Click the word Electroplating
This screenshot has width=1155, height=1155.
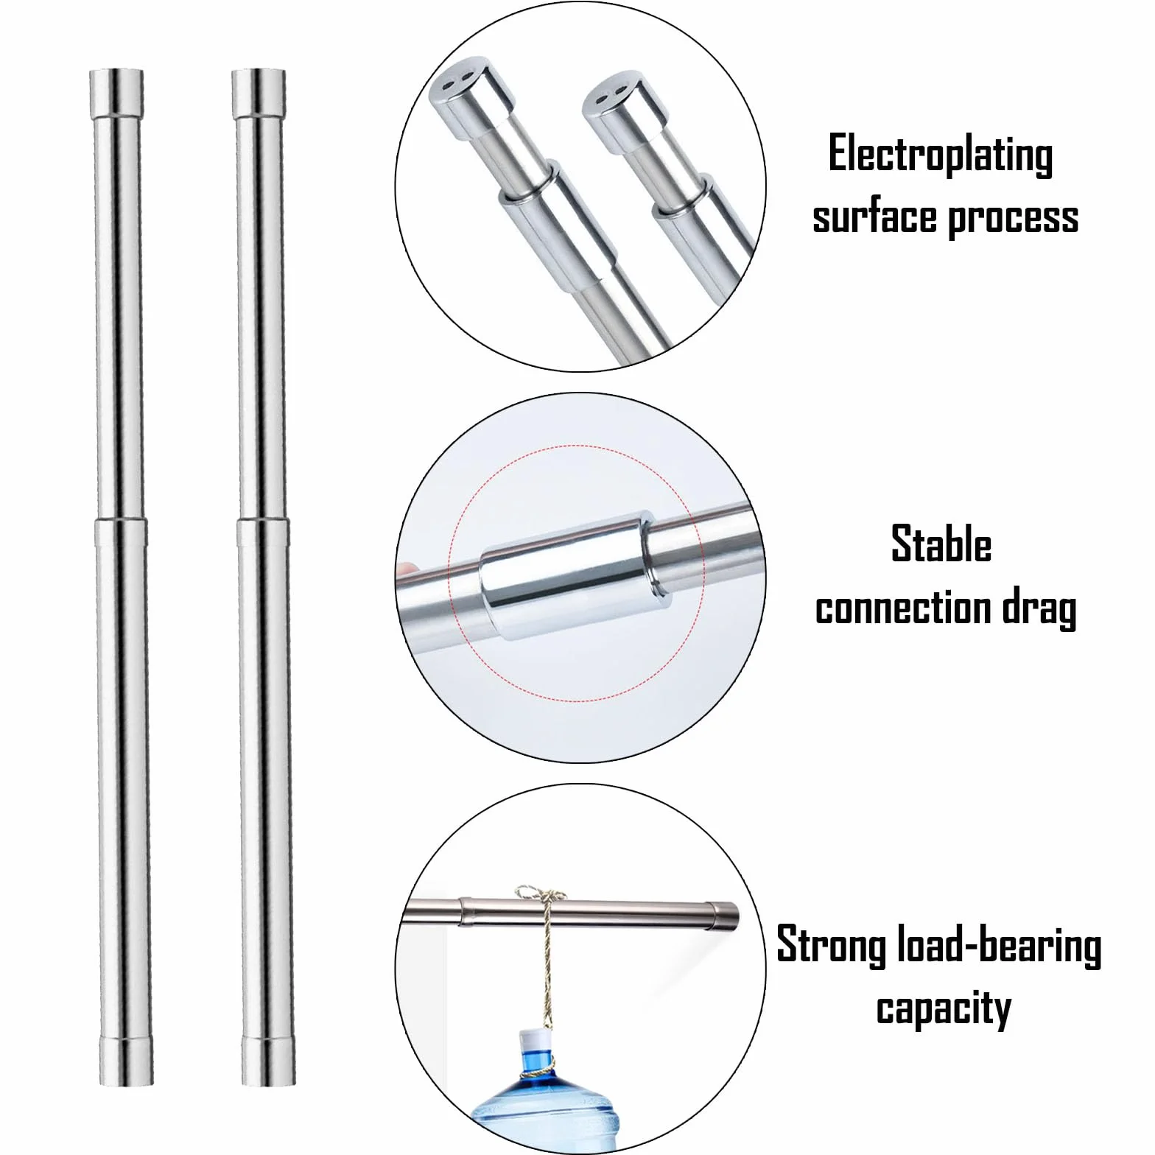point(941,155)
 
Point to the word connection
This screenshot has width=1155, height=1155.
point(899,609)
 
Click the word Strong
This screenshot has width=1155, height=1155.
point(831,947)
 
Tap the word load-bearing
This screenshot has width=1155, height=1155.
point(1000,947)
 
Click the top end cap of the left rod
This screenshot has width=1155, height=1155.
point(116,93)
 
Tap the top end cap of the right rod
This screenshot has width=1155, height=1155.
point(258,93)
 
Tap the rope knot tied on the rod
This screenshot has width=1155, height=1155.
point(540,899)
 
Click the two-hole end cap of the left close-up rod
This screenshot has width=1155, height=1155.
point(471,101)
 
